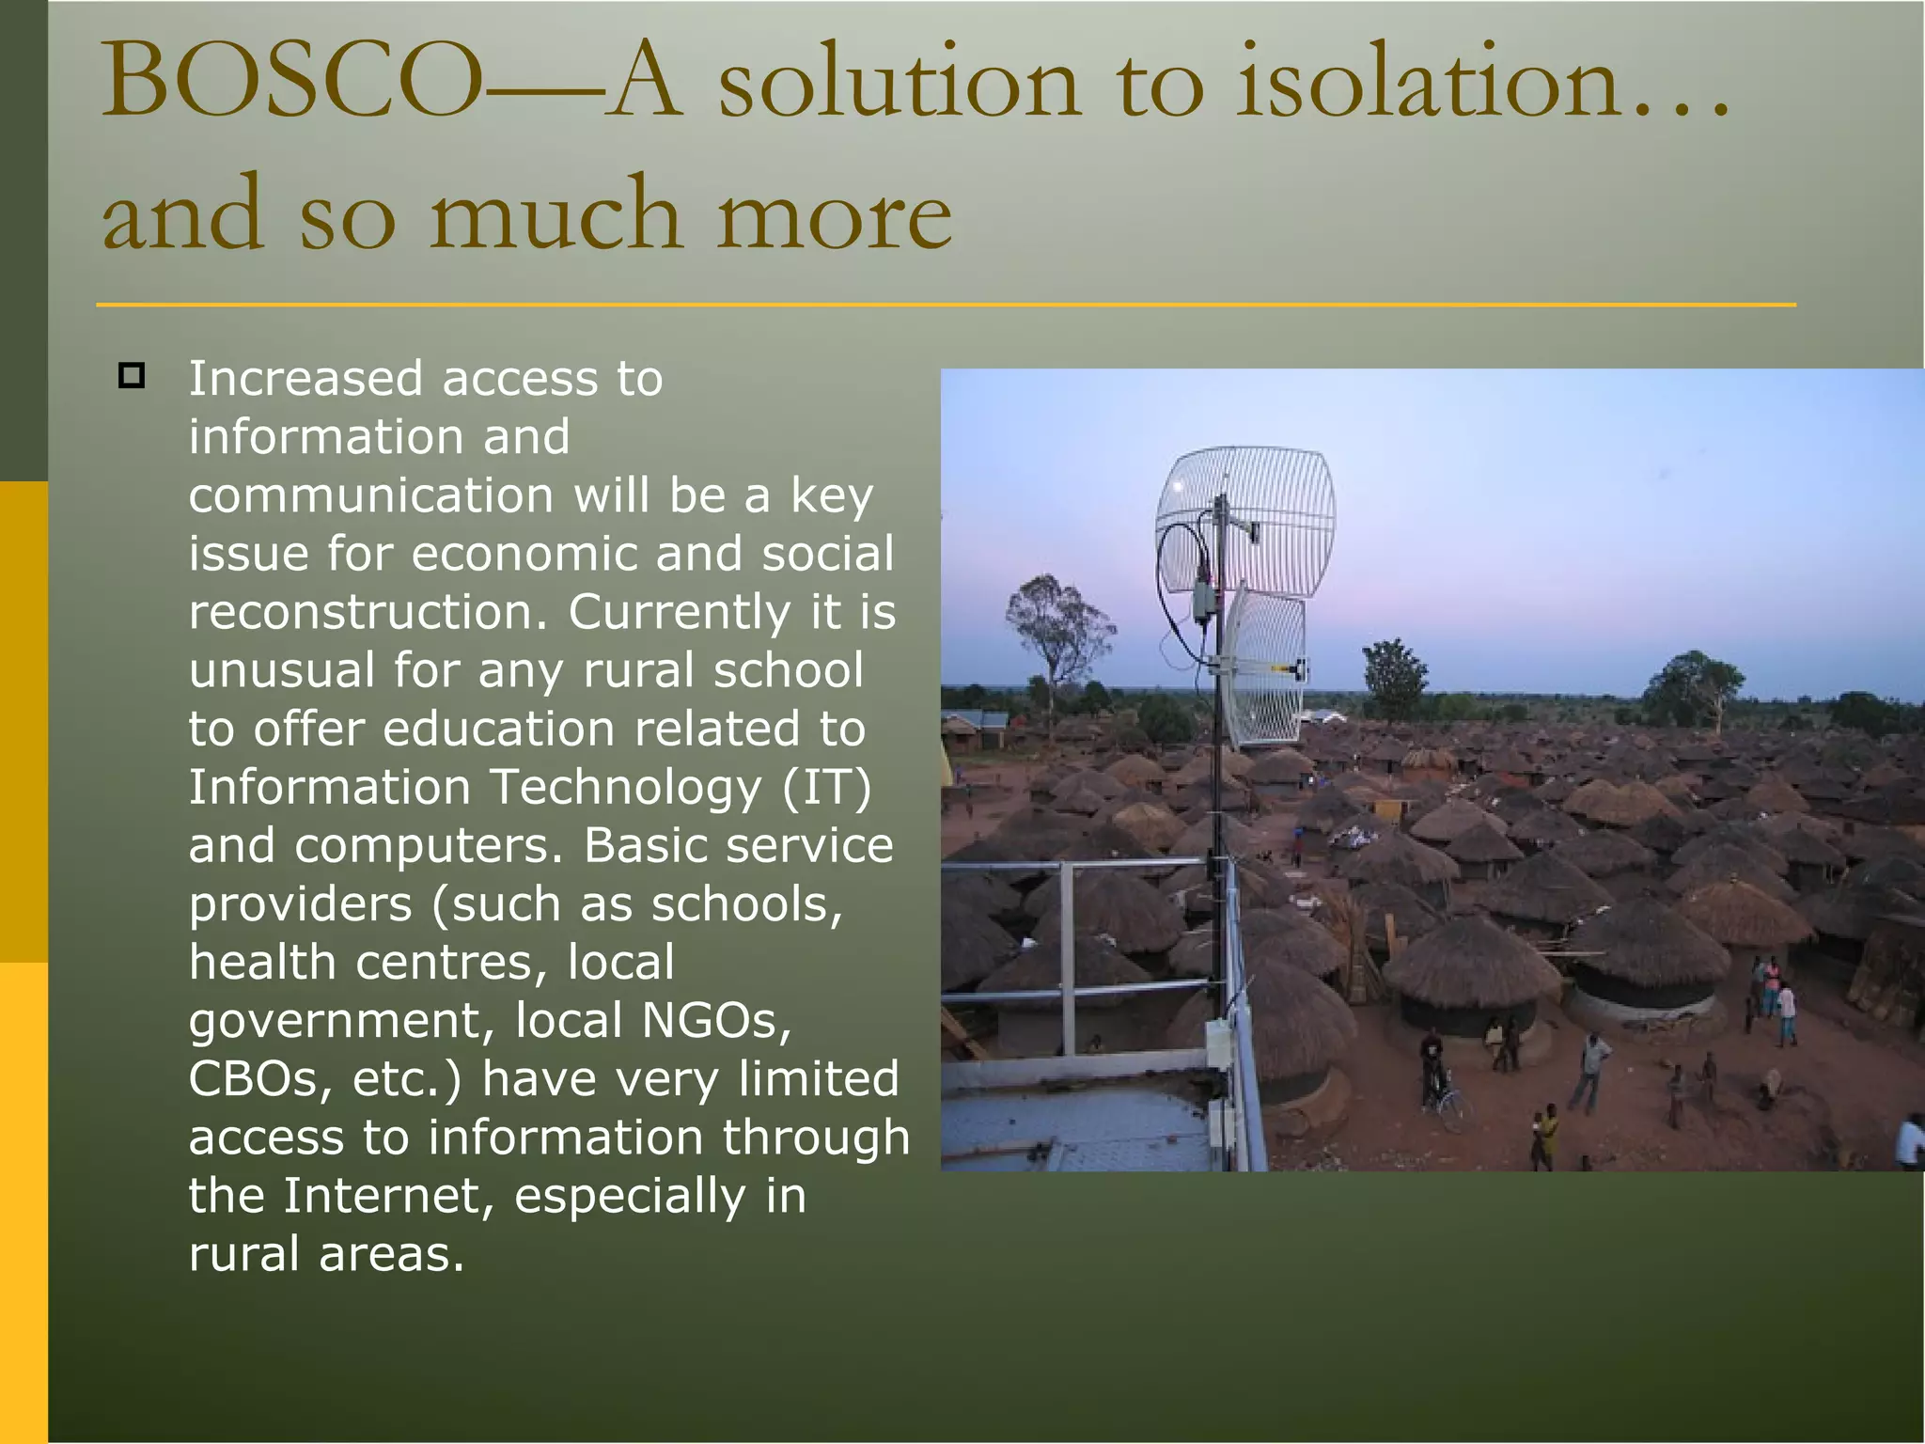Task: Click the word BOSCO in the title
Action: tap(291, 83)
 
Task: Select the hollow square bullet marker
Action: tap(132, 376)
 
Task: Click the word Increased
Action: tap(306, 379)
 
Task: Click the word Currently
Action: tap(679, 612)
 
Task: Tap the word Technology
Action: tap(625, 787)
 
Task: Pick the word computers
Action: tap(428, 845)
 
